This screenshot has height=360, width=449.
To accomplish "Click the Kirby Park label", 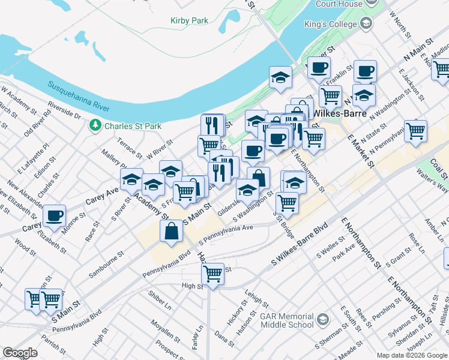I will pos(188,20).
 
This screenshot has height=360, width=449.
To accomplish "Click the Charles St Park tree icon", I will pos(95,126).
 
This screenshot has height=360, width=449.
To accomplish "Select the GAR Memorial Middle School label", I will pos(287,320).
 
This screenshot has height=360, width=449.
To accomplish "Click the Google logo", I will pos(20,353).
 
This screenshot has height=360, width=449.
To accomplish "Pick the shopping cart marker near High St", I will pos(212,274).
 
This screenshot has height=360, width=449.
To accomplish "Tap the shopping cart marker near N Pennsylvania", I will pos(415,130).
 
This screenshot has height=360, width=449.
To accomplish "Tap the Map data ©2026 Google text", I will pos(411,355).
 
